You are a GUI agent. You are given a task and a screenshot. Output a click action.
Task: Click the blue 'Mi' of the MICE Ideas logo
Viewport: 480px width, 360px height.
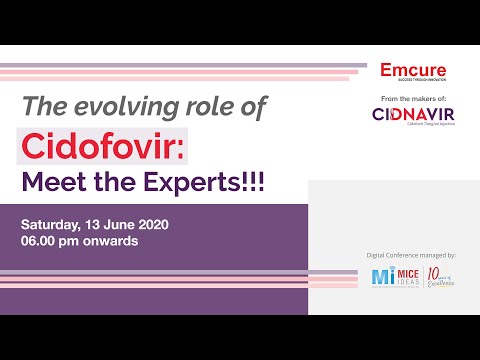click(380, 276)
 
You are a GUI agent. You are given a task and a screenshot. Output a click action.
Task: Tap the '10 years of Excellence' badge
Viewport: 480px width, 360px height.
click(440, 276)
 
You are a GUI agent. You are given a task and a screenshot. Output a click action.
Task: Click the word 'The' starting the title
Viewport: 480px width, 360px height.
click(43, 106)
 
